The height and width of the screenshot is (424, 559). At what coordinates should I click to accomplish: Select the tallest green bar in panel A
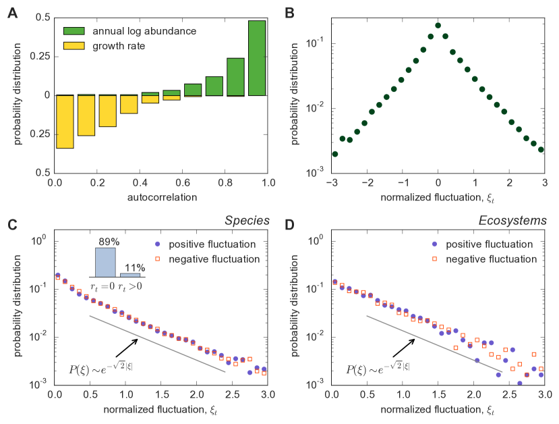point(257,58)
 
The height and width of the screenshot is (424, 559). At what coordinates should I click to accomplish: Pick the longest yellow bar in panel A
point(65,122)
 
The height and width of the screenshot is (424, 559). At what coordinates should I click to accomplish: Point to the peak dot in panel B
point(438,26)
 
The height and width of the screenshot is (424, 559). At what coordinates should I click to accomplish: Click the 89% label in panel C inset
point(104,240)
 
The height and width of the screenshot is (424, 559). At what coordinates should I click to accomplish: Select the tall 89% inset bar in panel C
point(104,263)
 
